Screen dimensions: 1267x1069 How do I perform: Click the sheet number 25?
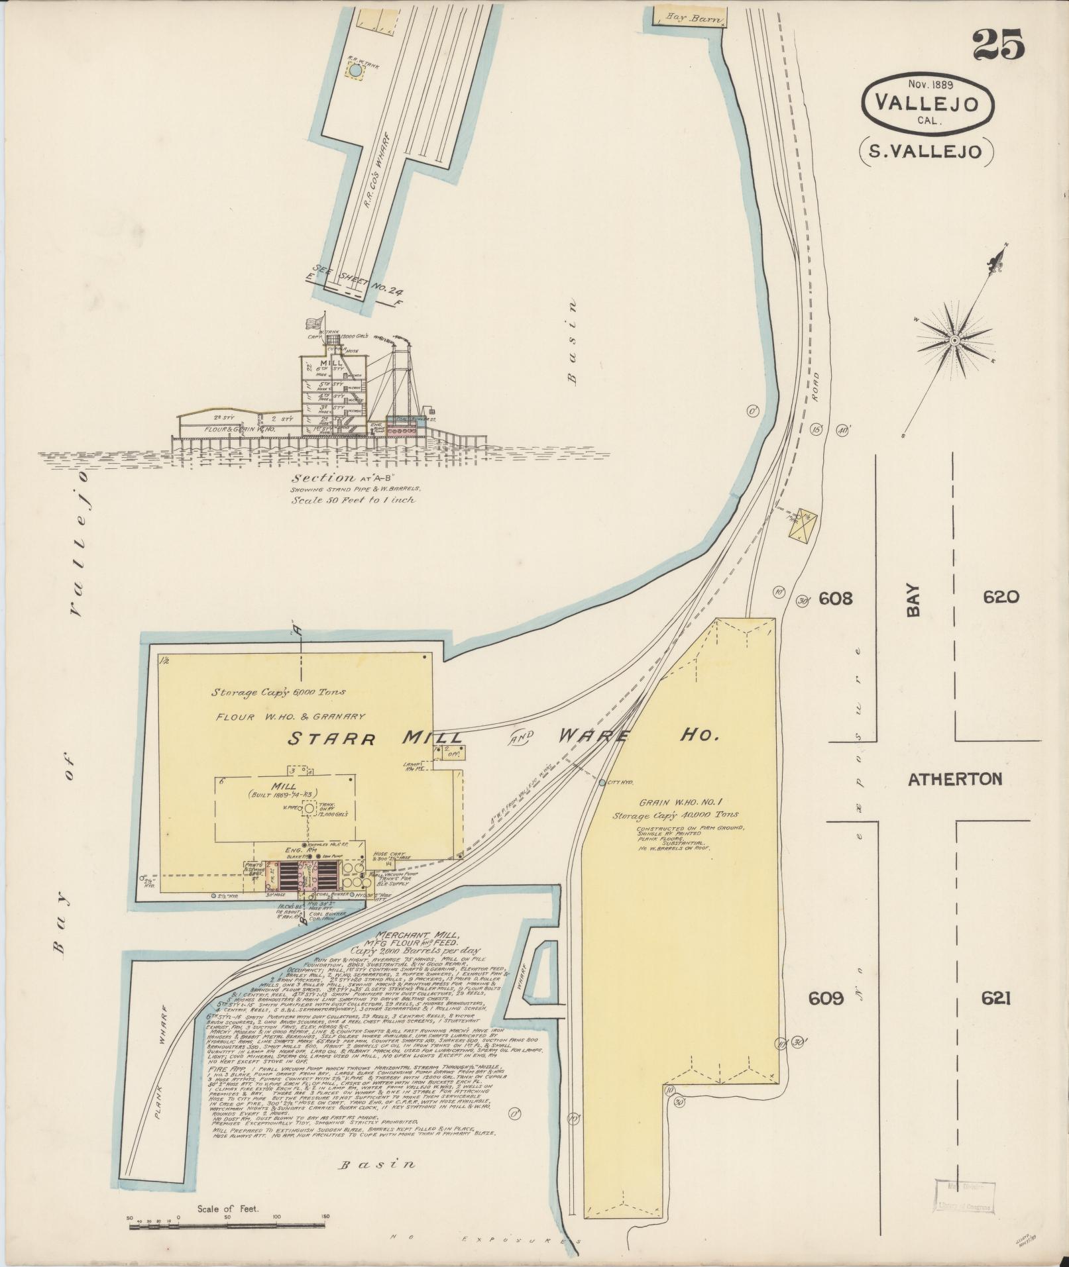(998, 46)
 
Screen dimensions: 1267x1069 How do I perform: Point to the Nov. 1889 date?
(930, 84)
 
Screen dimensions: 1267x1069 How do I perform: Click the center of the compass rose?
(954, 340)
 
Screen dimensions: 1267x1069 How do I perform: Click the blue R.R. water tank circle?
(355, 70)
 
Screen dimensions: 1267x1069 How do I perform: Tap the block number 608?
(835, 599)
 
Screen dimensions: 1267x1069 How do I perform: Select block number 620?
(1001, 597)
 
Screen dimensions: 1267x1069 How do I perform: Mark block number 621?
(996, 998)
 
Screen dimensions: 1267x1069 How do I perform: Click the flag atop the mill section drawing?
(313, 323)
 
